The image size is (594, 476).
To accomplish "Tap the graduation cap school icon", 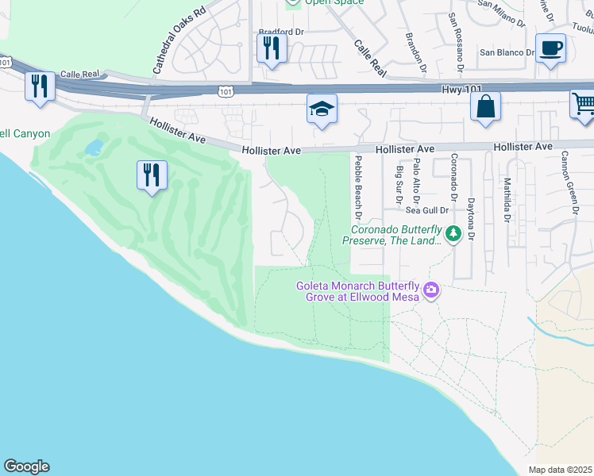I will coord(322,109).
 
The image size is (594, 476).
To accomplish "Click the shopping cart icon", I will coord(583,104).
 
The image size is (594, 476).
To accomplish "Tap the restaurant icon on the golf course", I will coord(151,174).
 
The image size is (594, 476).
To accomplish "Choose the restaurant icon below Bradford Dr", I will coord(272,48).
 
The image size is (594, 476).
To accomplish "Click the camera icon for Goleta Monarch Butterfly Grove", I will coord(431,290).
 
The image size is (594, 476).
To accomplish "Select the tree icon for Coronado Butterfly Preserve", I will coord(453,233).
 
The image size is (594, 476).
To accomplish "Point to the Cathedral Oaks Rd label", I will coord(179,40).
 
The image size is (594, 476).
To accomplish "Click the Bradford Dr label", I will coord(282,33).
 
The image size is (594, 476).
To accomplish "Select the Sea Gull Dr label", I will coord(427,210).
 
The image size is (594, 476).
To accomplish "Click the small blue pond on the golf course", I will coord(94,147).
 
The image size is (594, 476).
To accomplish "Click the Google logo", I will coord(26,466).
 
